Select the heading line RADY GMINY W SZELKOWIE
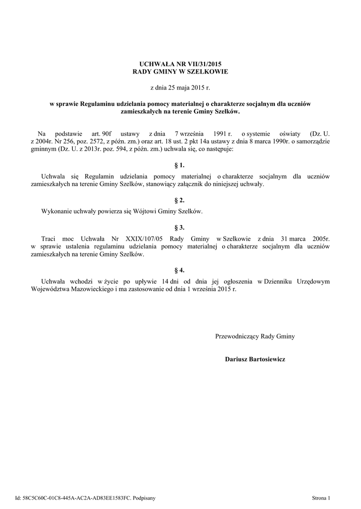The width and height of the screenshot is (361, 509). point(180,72)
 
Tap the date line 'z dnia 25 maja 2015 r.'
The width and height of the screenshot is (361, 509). point(180,88)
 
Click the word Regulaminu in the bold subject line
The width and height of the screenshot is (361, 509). point(97,104)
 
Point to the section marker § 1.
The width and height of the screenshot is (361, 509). point(180,165)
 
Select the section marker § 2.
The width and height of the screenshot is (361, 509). point(180,200)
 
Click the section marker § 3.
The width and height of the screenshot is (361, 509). point(180,227)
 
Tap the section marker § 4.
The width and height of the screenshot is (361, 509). point(180,270)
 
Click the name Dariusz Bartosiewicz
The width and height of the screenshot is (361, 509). point(255,359)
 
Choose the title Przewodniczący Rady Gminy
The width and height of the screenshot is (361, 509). point(255,337)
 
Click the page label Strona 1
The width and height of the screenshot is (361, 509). point(321,498)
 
